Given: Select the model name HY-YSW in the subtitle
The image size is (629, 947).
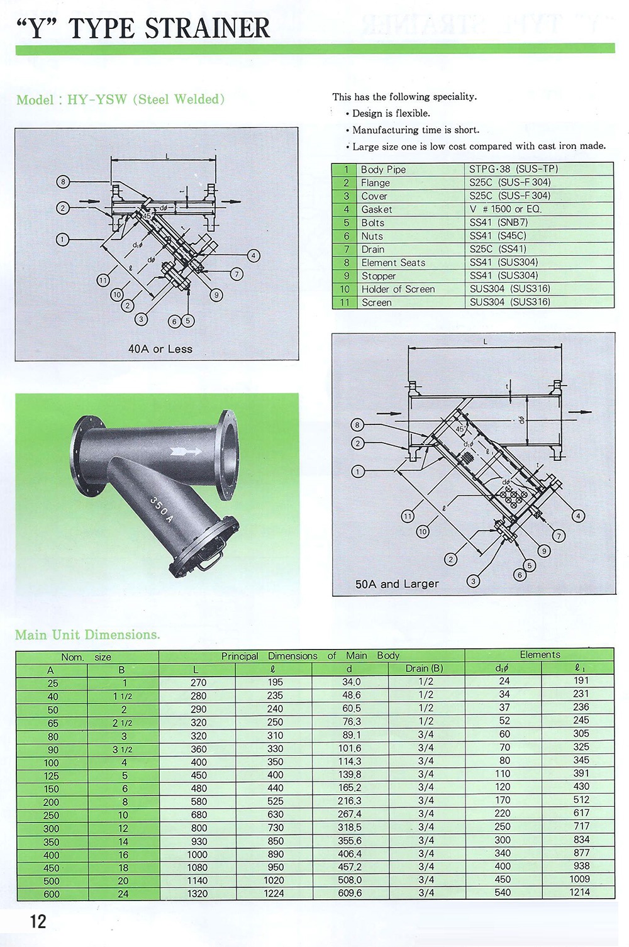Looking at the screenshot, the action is (97, 99).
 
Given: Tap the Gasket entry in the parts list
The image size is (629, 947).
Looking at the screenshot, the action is (377, 209).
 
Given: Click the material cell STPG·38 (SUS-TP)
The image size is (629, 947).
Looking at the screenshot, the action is (513, 169).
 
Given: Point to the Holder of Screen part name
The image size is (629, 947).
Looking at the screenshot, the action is (398, 289).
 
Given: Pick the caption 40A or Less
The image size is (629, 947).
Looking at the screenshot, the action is (160, 349).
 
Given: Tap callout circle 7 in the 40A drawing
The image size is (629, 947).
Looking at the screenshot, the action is (237, 274).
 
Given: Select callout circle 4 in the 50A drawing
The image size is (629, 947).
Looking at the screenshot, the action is (578, 516).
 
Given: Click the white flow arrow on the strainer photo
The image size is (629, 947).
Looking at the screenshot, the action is (186, 451).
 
